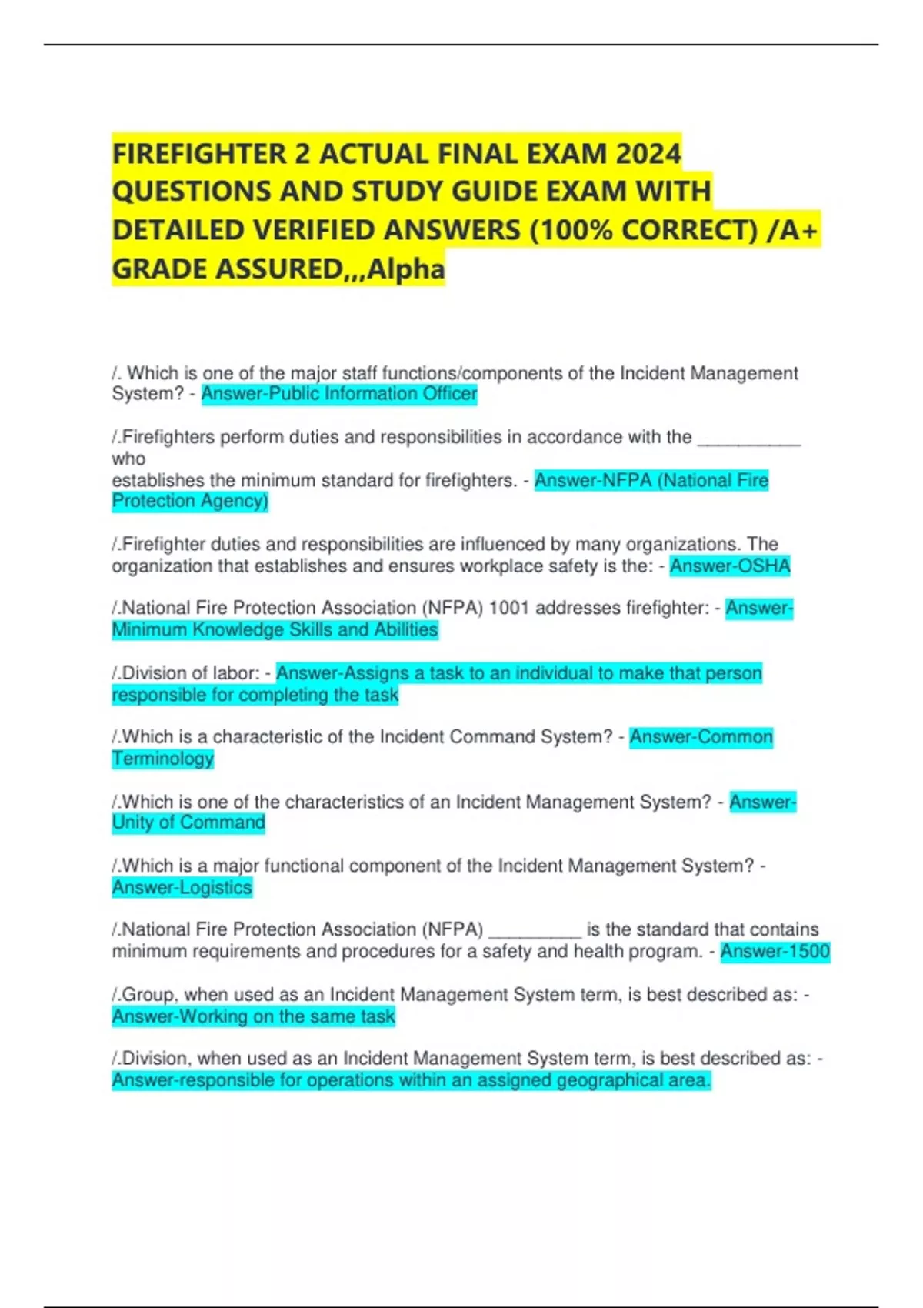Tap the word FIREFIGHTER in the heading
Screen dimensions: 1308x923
[199, 154]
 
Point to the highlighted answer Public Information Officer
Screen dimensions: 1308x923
[338, 394]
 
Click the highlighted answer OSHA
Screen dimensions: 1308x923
[730, 566]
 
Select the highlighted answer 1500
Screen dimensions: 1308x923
[775, 952]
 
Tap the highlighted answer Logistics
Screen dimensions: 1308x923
[182, 888]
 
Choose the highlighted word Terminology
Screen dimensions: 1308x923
[162, 759]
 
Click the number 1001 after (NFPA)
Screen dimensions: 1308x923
[509, 609]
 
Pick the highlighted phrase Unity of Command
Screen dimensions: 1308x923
[188, 823]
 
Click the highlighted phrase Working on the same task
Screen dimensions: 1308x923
[253, 1016]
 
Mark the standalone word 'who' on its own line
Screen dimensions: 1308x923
[128, 459]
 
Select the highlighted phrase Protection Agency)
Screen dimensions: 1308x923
[190, 501]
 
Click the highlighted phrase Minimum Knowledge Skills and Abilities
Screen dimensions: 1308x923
[275, 630]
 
